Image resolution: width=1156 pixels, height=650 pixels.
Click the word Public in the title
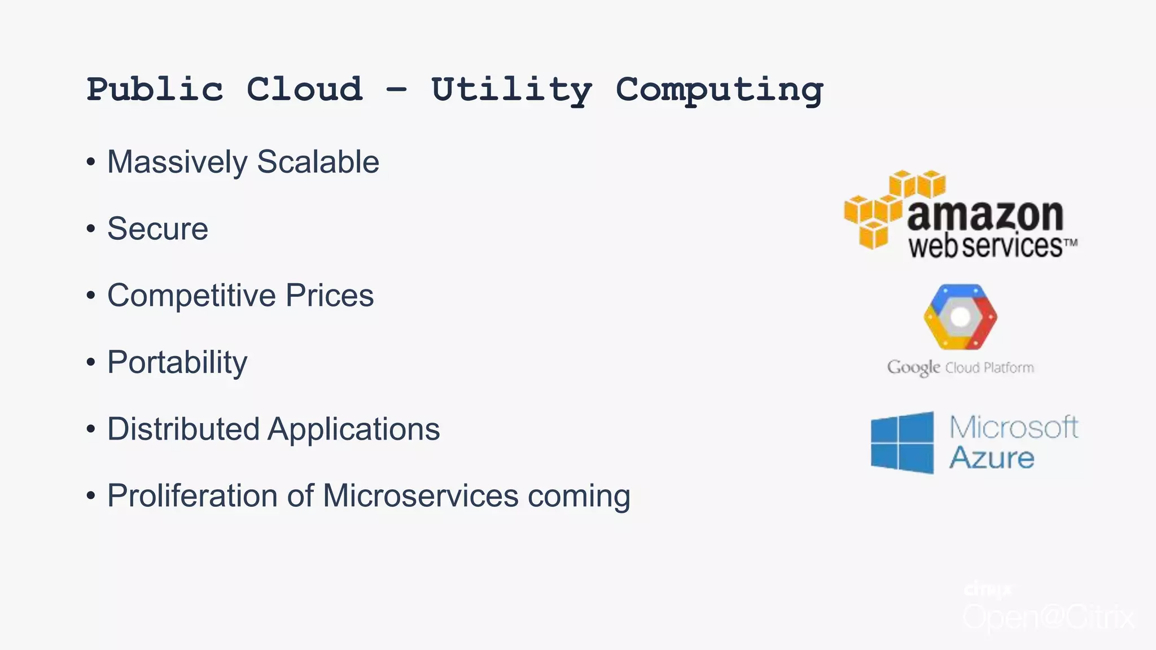155,90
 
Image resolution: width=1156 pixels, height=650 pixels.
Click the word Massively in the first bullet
177,163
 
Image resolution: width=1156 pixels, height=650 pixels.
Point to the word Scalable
318,162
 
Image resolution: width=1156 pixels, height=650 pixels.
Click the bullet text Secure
157,229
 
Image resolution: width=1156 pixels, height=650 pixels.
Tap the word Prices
330,296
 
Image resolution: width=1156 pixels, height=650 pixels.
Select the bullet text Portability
177,363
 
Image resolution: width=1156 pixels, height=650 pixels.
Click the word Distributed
183,429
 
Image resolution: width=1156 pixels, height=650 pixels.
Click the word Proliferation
192,497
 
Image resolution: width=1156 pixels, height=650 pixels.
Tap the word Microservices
420,496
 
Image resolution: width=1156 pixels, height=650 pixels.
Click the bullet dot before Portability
91,362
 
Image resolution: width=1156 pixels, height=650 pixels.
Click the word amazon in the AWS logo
985,215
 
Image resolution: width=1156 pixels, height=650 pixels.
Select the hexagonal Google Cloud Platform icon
960,317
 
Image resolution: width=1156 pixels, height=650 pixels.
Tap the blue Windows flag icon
902,442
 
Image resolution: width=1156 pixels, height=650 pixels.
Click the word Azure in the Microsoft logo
991,458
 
